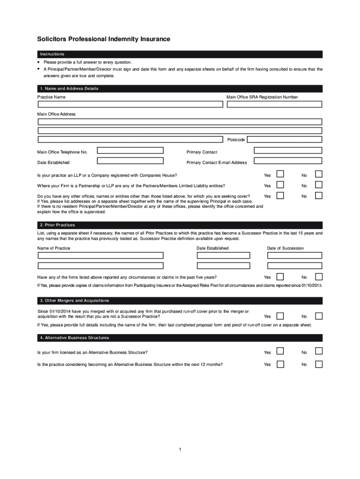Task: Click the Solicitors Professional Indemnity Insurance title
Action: point(104,39)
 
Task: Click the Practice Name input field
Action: point(130,104)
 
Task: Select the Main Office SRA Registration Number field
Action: point(274,104)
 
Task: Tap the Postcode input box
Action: point(284,139)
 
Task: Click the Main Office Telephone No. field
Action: point(130,150)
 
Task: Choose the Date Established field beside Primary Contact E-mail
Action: point(130,161)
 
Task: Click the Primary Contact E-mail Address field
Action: point(288,161)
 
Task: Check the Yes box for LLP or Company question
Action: point(281,174)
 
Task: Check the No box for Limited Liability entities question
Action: point(318,185)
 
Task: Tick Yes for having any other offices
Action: point(281,196)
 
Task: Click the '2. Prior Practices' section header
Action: point(180,225)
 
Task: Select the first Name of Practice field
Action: point(101,255)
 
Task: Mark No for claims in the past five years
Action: point(318,277)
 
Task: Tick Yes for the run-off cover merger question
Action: point(281,315)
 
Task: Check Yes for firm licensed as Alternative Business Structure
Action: point(281,351)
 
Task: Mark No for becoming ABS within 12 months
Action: point(318,364)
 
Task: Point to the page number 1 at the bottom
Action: point(180,450)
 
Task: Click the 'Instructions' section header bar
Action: point(180,54)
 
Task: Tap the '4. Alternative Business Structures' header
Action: point(180,338)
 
